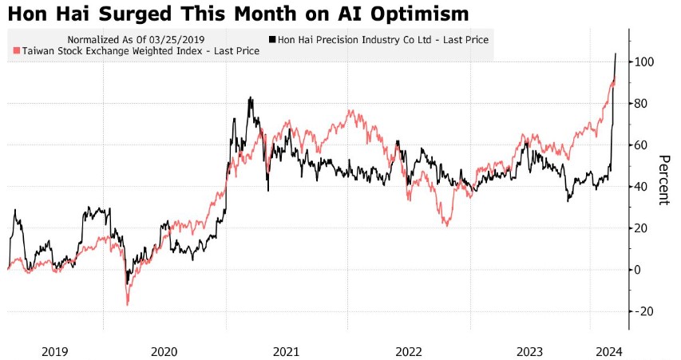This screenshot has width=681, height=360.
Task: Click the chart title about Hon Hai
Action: click(x=238, y=14)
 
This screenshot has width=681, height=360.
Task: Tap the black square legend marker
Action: click(x=273, y=39)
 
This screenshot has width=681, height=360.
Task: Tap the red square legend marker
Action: click(x=17, y=51)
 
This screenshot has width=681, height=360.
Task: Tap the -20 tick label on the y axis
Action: click(x=643, y=311)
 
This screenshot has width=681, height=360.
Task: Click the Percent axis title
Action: click(x=663, y=179)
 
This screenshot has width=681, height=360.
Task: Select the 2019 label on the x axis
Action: click(x=54, y=351)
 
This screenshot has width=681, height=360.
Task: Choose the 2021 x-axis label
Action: click(x=286, y=351)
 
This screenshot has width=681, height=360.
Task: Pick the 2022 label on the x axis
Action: click(x=408, y=351)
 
